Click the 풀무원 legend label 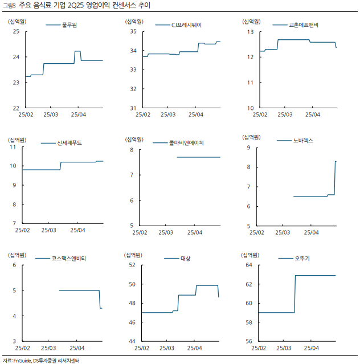point(69,25)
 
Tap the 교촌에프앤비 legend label point(304,25)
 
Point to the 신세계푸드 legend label point(69,142)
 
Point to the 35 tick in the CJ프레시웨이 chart point(133,32)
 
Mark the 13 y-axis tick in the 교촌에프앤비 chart point(249,32)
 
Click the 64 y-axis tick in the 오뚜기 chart point(249,265)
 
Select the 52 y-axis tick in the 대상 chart point(132,265)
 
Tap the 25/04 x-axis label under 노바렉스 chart point(312,232)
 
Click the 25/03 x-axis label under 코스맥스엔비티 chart point(49,347)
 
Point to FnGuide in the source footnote point(22,360)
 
